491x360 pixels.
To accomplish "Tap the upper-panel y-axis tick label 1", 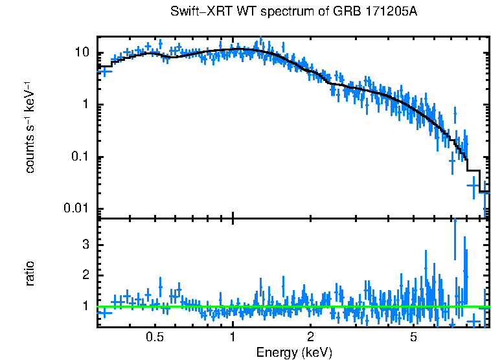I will tap(86, 105).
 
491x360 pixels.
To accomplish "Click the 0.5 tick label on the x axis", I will tap(154, 337).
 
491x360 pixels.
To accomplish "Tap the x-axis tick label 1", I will tap(233, 337).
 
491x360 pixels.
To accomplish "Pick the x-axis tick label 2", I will tap(310, 337).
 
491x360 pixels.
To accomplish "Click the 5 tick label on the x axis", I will tap(413, 337).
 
